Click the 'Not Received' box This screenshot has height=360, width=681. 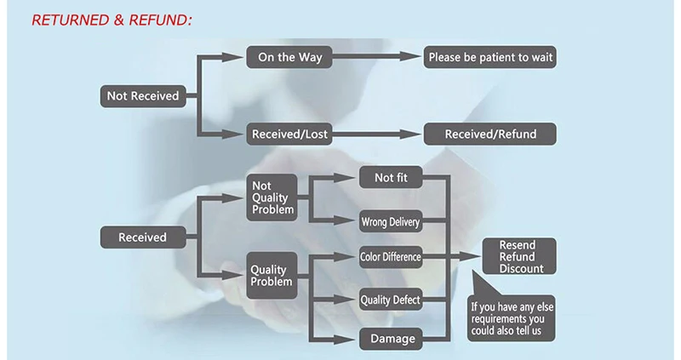pyautogui.click(x=143, y=95)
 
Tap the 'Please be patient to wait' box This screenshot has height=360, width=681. pyautogui.click(x=490, y=58)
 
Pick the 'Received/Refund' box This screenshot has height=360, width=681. pyautogui.click(x=490, y=134)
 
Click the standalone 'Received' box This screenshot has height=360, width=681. pyautogui.click(x=143, y=237)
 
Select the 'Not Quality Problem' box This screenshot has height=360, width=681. pyautogui.click(x=272, y=197)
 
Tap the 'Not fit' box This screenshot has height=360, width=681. pyautogui.click(x=390, y=178)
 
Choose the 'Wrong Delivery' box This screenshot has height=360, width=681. pyautogui.click(x=390, y=223)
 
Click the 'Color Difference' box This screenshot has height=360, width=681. pyautogui.click(x=390, y=256)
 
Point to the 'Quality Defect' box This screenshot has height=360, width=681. pyautogui.click(x=390, y=299)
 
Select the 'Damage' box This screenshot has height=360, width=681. pyautogui.click(x=390, y=338)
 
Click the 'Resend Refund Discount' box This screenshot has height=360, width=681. pyautogui.click(x=519, y=256)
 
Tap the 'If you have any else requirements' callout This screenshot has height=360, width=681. pyautogui.click(x=511, y=317)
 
